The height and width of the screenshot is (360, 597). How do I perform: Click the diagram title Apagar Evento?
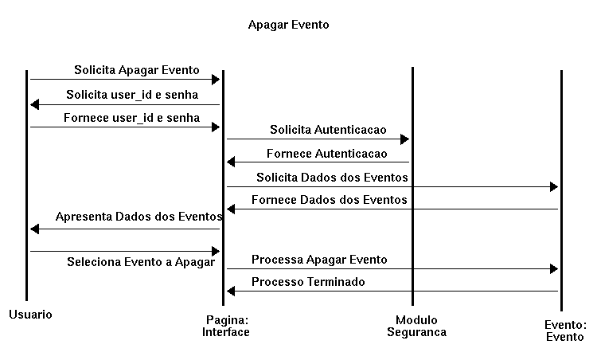tap(289, 25)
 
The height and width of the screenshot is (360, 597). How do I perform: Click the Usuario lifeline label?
tap(30, 315)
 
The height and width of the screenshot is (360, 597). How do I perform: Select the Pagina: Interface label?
tap(226, 326)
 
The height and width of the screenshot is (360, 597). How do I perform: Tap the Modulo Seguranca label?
tap(416, 326)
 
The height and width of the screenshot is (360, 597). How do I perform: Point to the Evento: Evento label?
tap(565, 331)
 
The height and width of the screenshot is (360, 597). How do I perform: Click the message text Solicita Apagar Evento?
tap(137, 70)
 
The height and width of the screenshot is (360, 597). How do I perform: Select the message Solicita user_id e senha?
tap(132, 95)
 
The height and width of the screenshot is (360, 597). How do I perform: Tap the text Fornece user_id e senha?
tap(131, 118)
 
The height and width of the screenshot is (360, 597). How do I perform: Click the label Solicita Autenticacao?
tap(328, 130)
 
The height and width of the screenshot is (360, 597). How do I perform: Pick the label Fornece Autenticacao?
tap(326, 154)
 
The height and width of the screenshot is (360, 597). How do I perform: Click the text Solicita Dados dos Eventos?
tap(332, 178)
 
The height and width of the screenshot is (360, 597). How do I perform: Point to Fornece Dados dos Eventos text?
tap(330, 200)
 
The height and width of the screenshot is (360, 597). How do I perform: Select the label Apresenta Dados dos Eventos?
tap(139, 217)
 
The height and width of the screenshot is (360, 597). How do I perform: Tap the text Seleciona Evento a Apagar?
tap(141, 262)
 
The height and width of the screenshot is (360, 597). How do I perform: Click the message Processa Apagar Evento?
tap(319, 260)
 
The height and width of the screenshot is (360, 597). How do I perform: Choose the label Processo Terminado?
tap(308, 282)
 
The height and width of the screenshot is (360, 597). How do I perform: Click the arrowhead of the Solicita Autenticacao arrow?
tap(404, 139)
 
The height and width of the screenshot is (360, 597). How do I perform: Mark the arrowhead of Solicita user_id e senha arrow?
tap(35, 104)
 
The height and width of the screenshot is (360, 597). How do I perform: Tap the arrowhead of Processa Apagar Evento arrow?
tap(554, 269)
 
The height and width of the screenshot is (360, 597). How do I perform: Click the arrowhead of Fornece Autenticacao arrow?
tap(231, 162)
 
